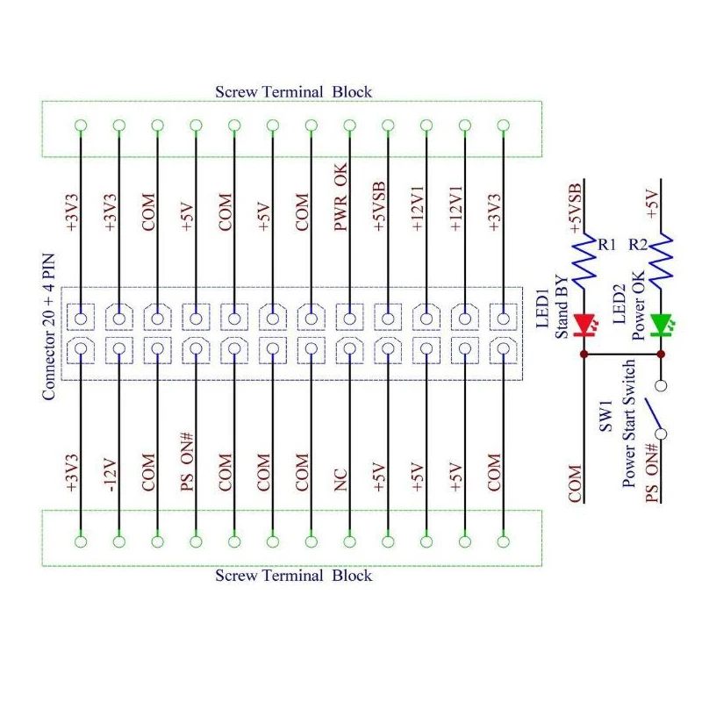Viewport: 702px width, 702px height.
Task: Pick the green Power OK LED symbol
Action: [661, 325]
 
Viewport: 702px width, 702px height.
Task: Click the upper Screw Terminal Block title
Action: [293, 91]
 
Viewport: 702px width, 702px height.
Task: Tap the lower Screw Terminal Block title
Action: [293, 576]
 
